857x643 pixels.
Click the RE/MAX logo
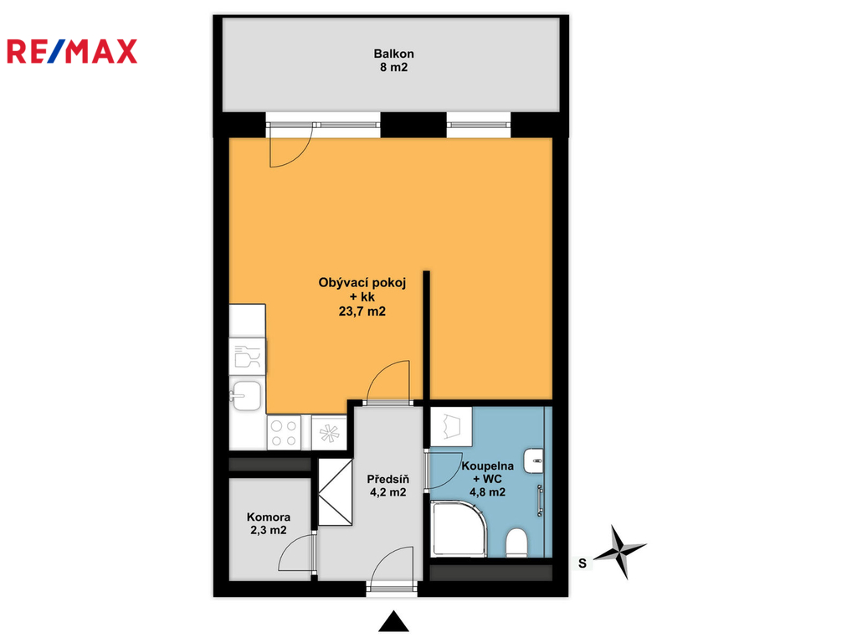pyautogui.click(x=72, y=51)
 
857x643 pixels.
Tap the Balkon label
pyautogui.click(x=393, y=54)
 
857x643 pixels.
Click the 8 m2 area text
pyautogui.click(x=393, y=67)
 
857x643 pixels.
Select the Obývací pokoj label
pyautogui.click(x=362, y=283)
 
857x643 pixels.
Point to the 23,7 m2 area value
pyautogui.click(x=362, y=311)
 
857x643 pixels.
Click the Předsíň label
pyautogui.click(x=388, y=479)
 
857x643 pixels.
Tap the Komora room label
pyautogui.click(x=269, y=517)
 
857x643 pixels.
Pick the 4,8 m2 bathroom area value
pyautogui.click(x=488, y=492)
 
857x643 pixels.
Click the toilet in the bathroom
pyautogui.click(x=516, y=542)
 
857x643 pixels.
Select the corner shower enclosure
pyautogui.click(x=458, y=529)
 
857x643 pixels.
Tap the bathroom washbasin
pyautogui.click(x=534, y=461)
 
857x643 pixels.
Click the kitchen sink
pyautogui.click(x=246, y=395)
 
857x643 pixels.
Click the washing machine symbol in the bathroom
pyautogui.click(x=451, y=426)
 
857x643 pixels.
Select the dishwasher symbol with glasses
pyautogui.click(x=247, y=357)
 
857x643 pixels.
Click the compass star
pyautogui.click(x=620, y=551)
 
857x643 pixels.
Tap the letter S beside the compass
pyautogui.click(x=582, y=563)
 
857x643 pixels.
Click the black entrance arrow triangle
pyautogui.click(x=393, y=621)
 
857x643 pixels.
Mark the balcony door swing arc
pyautogui.click(x=300, y=156)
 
